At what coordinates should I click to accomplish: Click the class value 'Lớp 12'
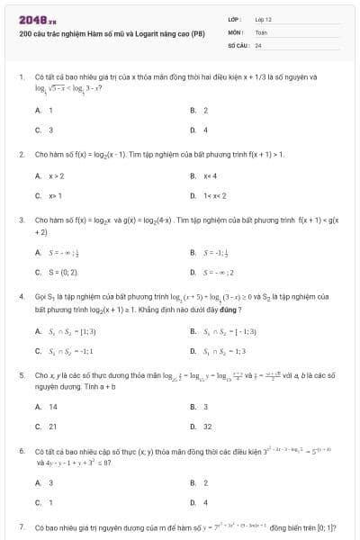263,19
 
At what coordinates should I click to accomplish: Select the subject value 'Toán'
261,31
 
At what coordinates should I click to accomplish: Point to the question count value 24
258,44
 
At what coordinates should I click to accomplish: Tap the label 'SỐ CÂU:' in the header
238,44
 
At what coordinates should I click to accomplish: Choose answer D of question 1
205,130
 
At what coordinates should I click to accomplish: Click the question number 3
21,220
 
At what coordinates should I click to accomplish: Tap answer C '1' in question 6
50,502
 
